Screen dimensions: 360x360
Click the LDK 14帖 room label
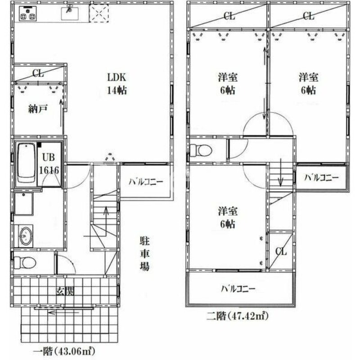(x=117, y=83)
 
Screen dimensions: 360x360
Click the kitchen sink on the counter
(x=70, y=11)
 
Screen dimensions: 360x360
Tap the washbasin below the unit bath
(x=26, y=235)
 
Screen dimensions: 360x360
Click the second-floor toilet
(x=201, y=150)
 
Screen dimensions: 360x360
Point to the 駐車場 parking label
(x=144, y=253)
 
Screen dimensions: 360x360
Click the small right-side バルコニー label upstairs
(x=321, y=178)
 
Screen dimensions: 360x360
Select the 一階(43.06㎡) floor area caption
(x=66, y=349)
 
